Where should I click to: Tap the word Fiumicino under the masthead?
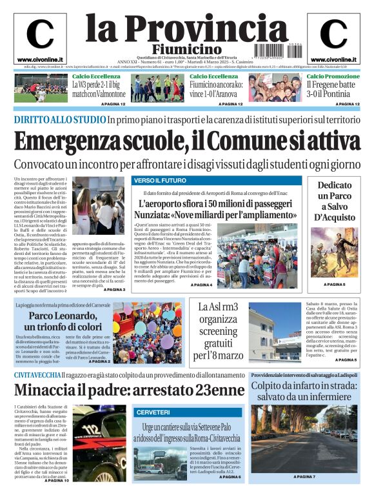[187, 50]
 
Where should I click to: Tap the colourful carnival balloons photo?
[156, 330]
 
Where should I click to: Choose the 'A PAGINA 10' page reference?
[57, 481]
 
